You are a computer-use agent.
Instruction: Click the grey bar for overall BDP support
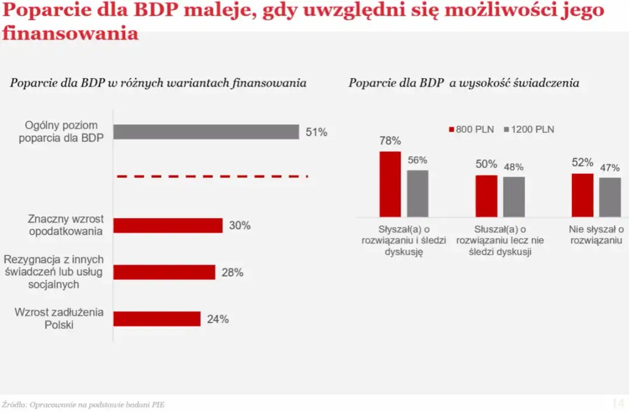coord(206,132)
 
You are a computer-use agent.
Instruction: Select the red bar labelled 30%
coord(168,226)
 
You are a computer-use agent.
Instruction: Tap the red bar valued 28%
coord(164,272)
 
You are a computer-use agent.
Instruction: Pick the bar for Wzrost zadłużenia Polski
coord(157,319)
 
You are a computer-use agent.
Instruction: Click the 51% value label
coord(316,132)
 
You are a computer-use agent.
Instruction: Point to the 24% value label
coord(217,319)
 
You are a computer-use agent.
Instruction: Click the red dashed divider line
coord(212,176)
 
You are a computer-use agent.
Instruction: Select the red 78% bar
coord(390,184)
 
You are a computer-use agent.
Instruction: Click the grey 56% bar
coord(418,193)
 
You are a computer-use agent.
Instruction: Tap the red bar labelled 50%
coord(486,196)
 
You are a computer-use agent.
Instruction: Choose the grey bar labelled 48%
coord(514,196)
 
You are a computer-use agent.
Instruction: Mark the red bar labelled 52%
coord(582,195)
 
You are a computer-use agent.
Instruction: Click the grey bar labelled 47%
coord(610,197)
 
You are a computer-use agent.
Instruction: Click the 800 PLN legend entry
coord(471,129)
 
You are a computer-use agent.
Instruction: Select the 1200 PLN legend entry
coord(529,129)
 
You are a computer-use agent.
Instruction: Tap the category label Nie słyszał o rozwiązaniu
coord(596,235)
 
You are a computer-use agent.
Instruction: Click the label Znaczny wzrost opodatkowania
coord(65,225)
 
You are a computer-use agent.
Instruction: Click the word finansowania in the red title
coord(70,33)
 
